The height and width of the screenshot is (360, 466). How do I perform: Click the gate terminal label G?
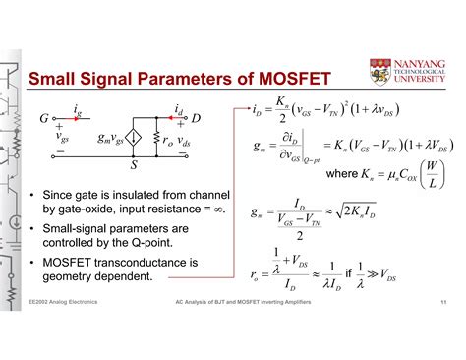44,119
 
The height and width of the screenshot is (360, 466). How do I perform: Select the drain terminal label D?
195,119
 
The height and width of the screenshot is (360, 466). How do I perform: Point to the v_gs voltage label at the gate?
64,138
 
